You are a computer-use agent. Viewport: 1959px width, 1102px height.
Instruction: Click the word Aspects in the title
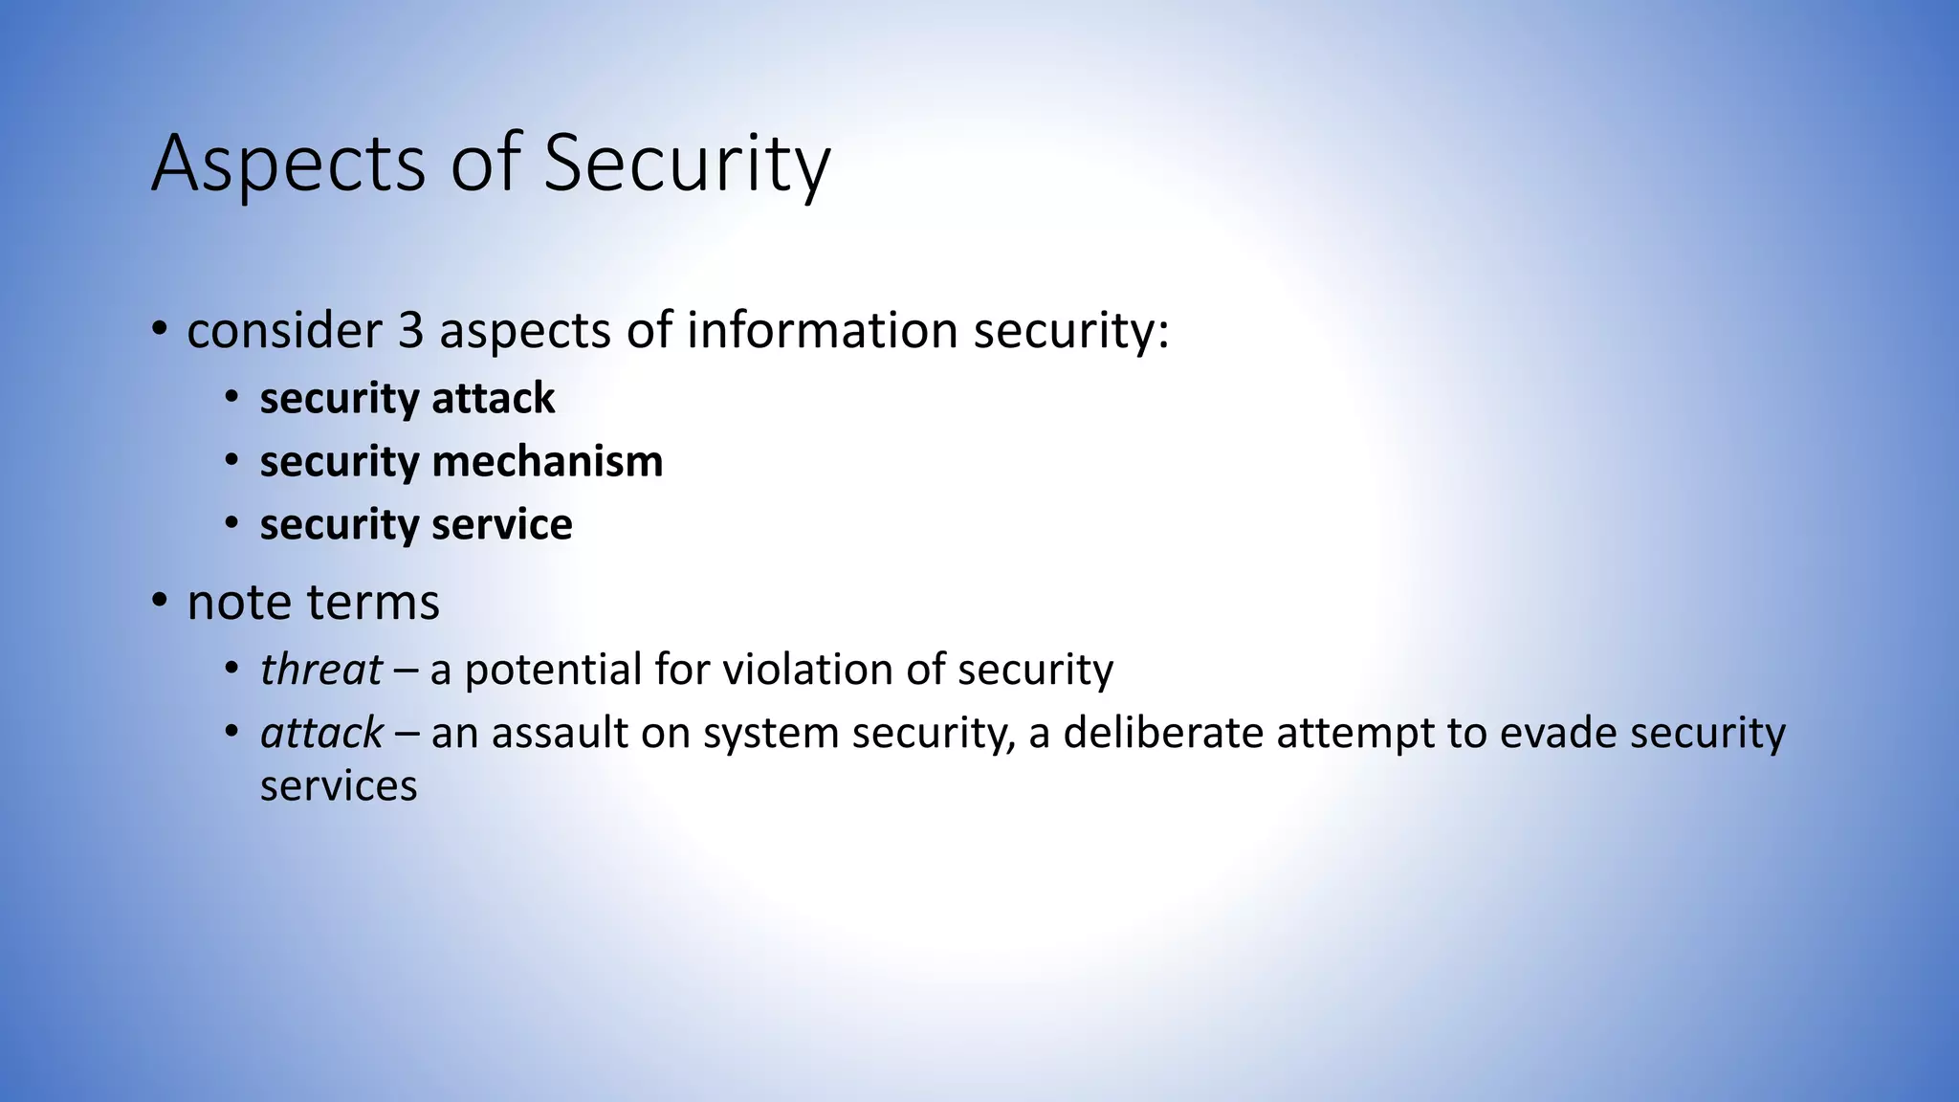tap(288, 165)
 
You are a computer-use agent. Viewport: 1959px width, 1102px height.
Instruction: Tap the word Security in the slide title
tap(686, 165)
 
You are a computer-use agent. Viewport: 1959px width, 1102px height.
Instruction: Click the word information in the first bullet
tap(822, 331)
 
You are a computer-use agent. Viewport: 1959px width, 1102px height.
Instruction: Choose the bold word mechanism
tap(547, 462)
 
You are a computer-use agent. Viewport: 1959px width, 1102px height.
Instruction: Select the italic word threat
tap(321, 670)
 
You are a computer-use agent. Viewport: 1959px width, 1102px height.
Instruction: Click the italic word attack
tap(321, 734)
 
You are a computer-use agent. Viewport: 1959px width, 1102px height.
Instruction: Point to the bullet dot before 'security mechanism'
tap(231, 461)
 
